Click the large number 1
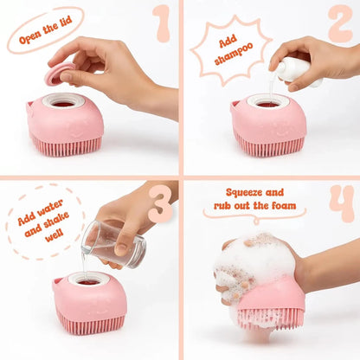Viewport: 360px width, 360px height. [x=161, y=23]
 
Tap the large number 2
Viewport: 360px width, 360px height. [x=339, y=23]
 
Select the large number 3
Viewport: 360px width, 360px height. [x=160, y=205]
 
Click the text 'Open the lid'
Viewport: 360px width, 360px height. [x=45, y=31]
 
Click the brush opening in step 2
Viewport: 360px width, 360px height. [x=267, y=101]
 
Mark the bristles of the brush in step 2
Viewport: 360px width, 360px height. [x=269, y=146]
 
